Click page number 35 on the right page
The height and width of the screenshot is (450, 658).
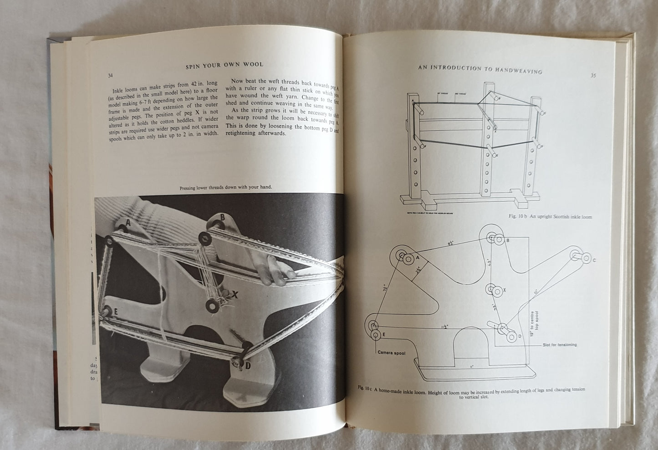point(593,76)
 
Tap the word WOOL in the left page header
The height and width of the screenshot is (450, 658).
point(253,66)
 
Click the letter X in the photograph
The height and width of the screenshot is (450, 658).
point(235,295)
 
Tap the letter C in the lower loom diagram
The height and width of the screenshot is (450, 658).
point(594,260)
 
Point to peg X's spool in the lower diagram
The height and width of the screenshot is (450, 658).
point(491,289)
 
